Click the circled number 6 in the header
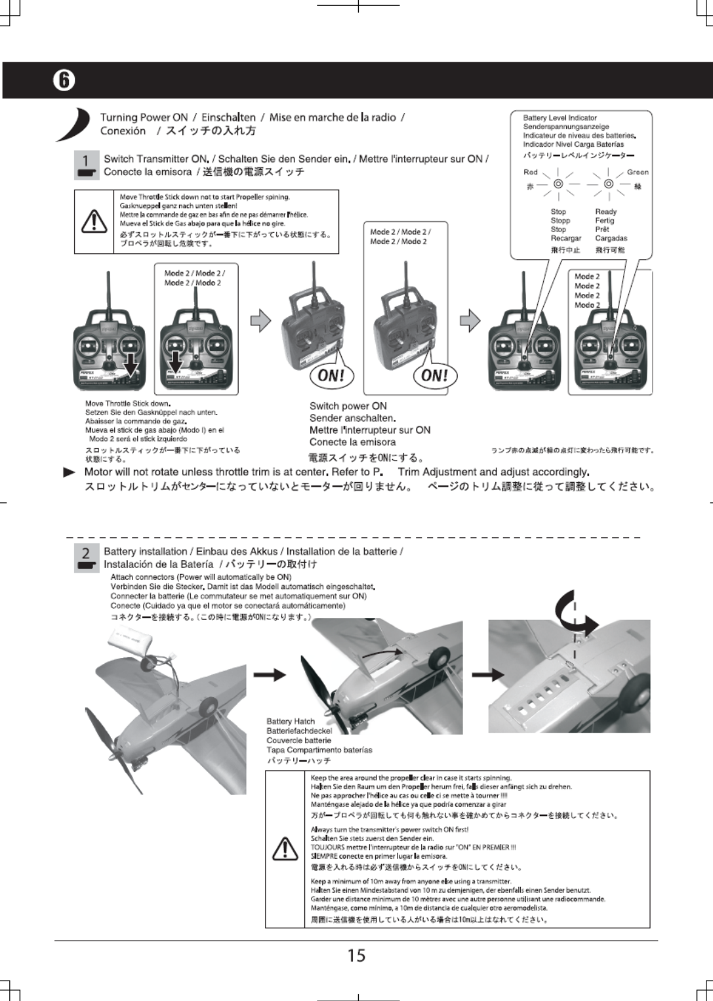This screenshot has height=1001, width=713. tap(63, 81)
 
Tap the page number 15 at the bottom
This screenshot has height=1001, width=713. tap(356, 955)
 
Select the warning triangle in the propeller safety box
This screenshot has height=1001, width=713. tap(286, 849)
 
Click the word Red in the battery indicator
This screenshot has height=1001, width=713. tap(530, 173)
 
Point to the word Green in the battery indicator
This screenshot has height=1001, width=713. tap(638, 173)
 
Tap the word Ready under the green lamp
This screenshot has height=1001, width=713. tap(605, 212)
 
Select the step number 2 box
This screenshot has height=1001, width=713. tap(86, 557)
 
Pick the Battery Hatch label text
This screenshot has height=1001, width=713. tap(291, 722)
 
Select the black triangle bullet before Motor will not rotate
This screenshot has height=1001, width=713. tap(69, 472)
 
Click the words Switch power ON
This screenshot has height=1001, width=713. tap(348, 406)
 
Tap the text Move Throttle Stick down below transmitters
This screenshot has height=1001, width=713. tap(128, 403)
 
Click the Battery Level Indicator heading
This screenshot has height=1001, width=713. tap(560, 118)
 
